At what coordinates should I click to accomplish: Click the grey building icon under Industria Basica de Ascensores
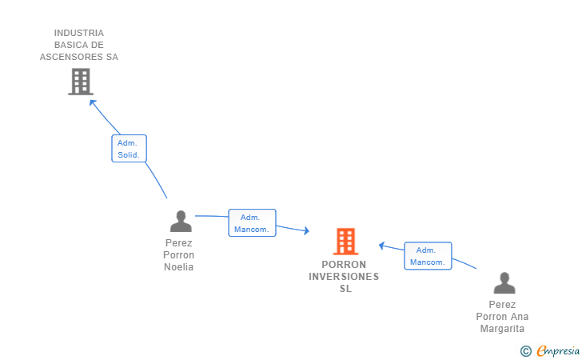coord(81,82)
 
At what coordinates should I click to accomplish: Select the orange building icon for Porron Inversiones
coord(345,241)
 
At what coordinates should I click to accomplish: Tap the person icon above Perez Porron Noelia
coord(181,221)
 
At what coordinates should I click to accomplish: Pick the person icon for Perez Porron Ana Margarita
coord(504,282)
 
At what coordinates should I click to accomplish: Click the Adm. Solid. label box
coord(130,149)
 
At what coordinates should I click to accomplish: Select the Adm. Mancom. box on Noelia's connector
coord(252,223)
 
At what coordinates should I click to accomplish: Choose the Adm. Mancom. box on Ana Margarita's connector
coord(428,256)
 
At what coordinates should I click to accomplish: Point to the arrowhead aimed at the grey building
coord(92,102)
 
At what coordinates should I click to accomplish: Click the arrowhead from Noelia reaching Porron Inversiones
coord(307,230)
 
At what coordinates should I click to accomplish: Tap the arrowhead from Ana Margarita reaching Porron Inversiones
coord(381,246)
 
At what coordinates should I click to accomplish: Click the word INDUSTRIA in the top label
coord(79,33)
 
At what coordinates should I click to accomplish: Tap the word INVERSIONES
coord(344,277)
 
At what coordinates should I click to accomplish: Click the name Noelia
coord(178,267)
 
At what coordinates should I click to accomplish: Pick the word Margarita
coord(502,329)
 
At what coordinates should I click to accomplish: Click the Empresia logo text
coord(558,350)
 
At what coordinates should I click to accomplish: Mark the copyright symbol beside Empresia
coord(526,351)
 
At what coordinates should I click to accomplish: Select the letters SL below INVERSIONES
coord(345,289)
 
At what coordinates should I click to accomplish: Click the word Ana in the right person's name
coord(520,317)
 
